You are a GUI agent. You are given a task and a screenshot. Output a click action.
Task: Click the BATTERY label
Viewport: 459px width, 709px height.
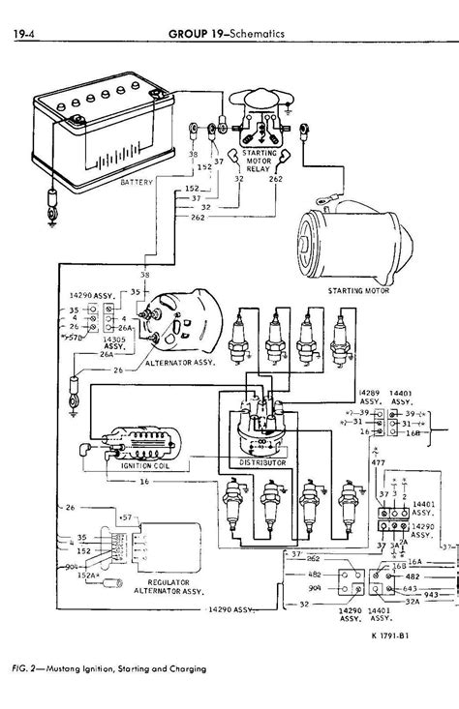139,181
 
